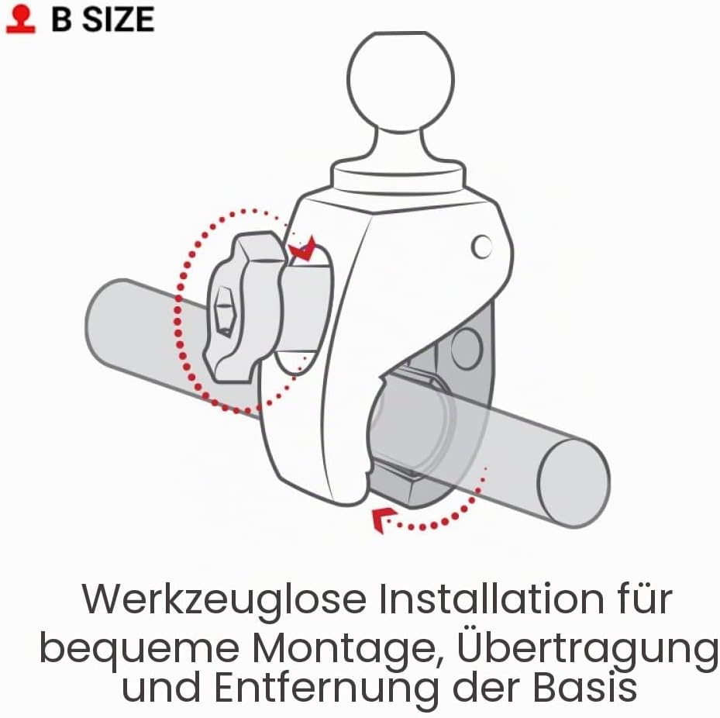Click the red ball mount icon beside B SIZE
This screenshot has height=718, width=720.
pyautogui.click(x=21, y=19)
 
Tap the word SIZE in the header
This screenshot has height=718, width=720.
pyautogui.click(x=118, y=19)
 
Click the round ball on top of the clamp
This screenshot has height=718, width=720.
pyautogui.click(x=401, y=81)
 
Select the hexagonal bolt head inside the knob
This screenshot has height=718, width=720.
pyautogui.click(x=225, y=311)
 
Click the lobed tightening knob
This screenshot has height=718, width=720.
pyautogui.click(x=243, y=307)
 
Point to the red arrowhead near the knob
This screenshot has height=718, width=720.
pyautogui.click(x=302, y=250)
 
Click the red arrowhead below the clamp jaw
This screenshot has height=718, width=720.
pyautogui.click(x=381, y=520)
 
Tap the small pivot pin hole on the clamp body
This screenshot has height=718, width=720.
pyautogui.click(x=481, y=247)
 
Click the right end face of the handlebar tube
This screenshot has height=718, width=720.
pyautogui.click(x=573, y=483)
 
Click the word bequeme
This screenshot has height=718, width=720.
pyautogui.click(x=140, y=650)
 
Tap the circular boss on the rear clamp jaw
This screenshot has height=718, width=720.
pyautogui.click(x=467, y=347)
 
